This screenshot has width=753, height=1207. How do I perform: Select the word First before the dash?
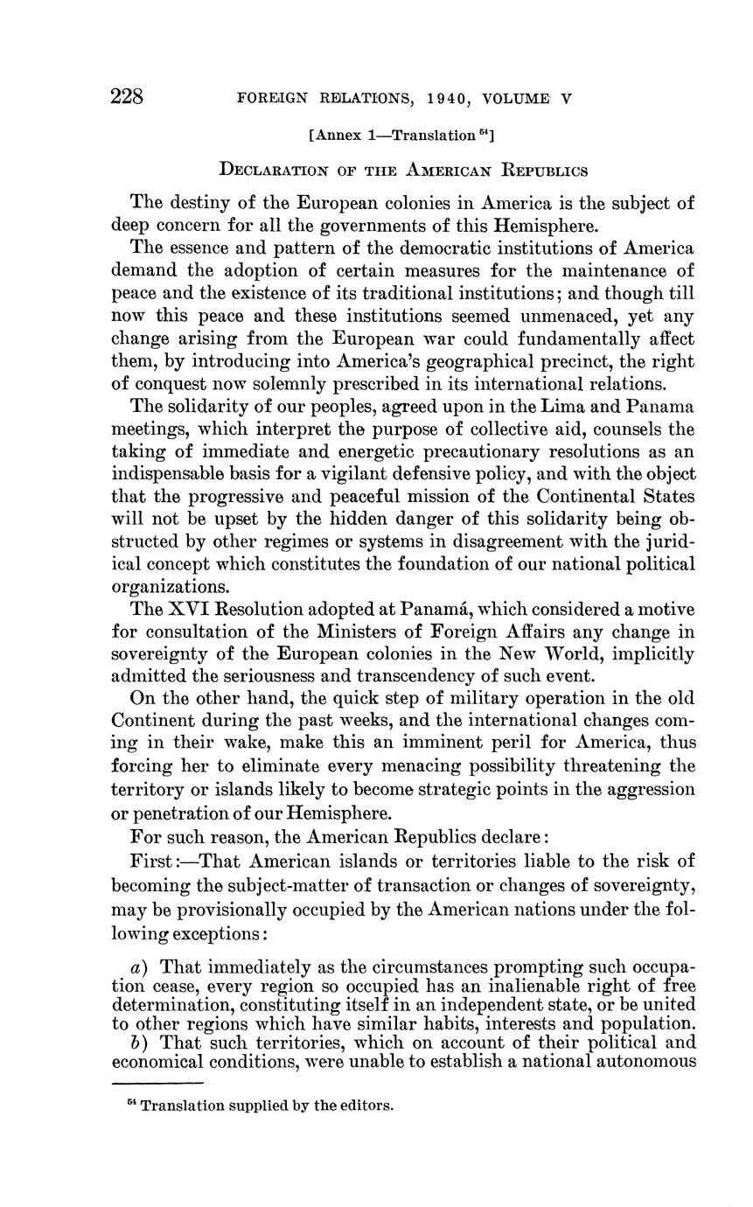pyautogui.click(x=153, y=856)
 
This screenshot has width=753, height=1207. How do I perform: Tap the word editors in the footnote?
pyautogui.click(x=368, y=1106)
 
